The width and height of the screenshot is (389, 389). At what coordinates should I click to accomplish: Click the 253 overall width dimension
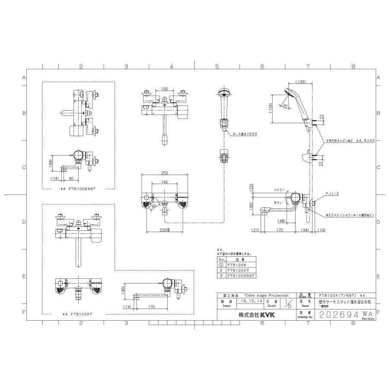tap(164, 172)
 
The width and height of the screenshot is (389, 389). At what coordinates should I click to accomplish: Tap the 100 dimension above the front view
tap(164, 89)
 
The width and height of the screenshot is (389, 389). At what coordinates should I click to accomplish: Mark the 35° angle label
tap(285, 106)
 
